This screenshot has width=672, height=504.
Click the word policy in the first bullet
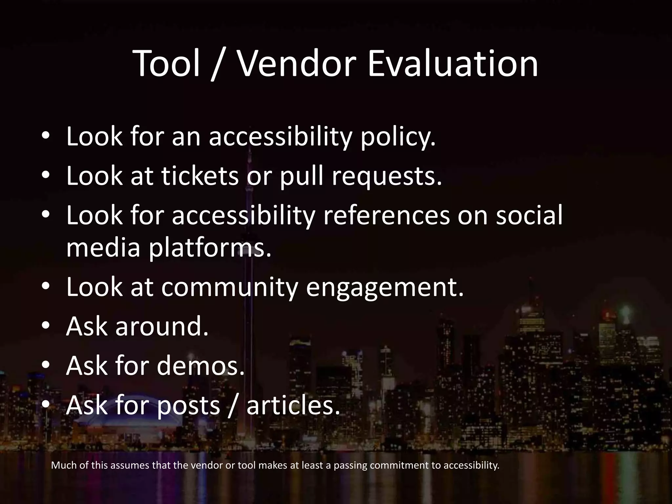pos(398,137)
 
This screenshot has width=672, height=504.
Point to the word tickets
pos(200,176)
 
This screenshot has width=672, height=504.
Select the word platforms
pos(210,248)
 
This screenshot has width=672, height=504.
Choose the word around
pos(162,327)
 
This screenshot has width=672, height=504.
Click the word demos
pos(200,366)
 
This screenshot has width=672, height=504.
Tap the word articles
pos(293,405)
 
